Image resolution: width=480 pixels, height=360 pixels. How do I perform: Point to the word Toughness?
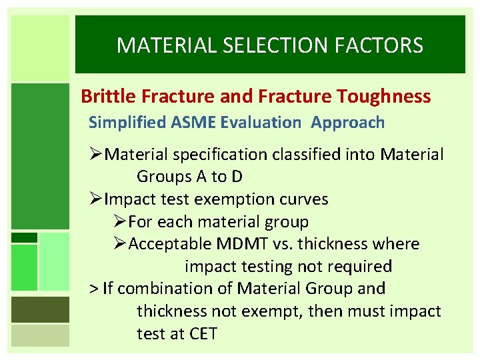[x=384, y=97]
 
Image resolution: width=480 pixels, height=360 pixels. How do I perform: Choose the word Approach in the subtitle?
[x=347, y=123]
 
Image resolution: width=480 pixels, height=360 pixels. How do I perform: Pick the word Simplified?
[x=122, y=123]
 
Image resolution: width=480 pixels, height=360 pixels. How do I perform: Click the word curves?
[x=305, y=199]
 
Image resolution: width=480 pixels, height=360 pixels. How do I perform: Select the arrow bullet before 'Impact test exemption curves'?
[x=97, y=199]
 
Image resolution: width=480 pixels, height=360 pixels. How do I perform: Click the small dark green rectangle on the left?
[x=25, y=237]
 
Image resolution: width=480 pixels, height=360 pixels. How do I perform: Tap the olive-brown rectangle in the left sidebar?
[x=41, y=309]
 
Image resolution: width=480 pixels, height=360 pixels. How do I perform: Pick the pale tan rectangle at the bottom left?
[x=41, y=335]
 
